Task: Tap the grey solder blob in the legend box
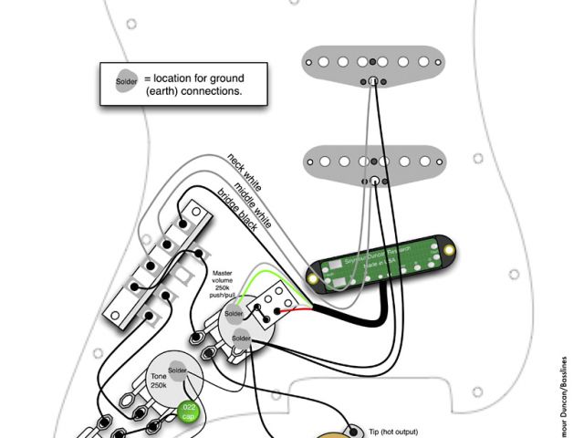click(x=126, y=83)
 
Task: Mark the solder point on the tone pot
click(x=177, y=370)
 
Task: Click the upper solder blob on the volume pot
click(x=234, y=314)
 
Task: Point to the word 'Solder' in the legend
click(x=126, y=83)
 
